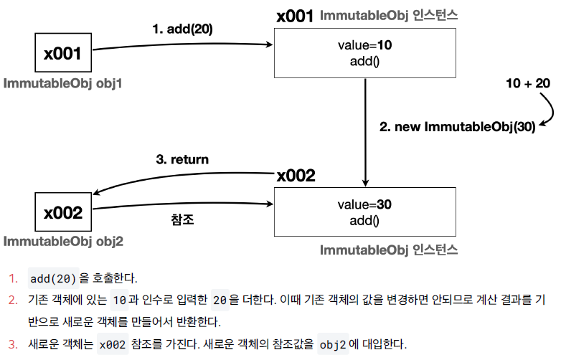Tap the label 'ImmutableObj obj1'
[x=63, y=84]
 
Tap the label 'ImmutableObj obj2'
[x=63, y=242]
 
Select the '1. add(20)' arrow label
[x=182, y=29]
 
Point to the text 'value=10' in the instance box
[x=364, y=46]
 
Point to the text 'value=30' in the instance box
[x=364, y=204]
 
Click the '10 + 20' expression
[x=527, y=84]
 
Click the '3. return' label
[x=182, y=159]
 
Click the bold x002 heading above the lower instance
[x=296, y=175]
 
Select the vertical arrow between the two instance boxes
[x=366, y=133]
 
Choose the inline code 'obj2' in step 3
[x=332, y=344]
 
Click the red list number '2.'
[x=13, y=299]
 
